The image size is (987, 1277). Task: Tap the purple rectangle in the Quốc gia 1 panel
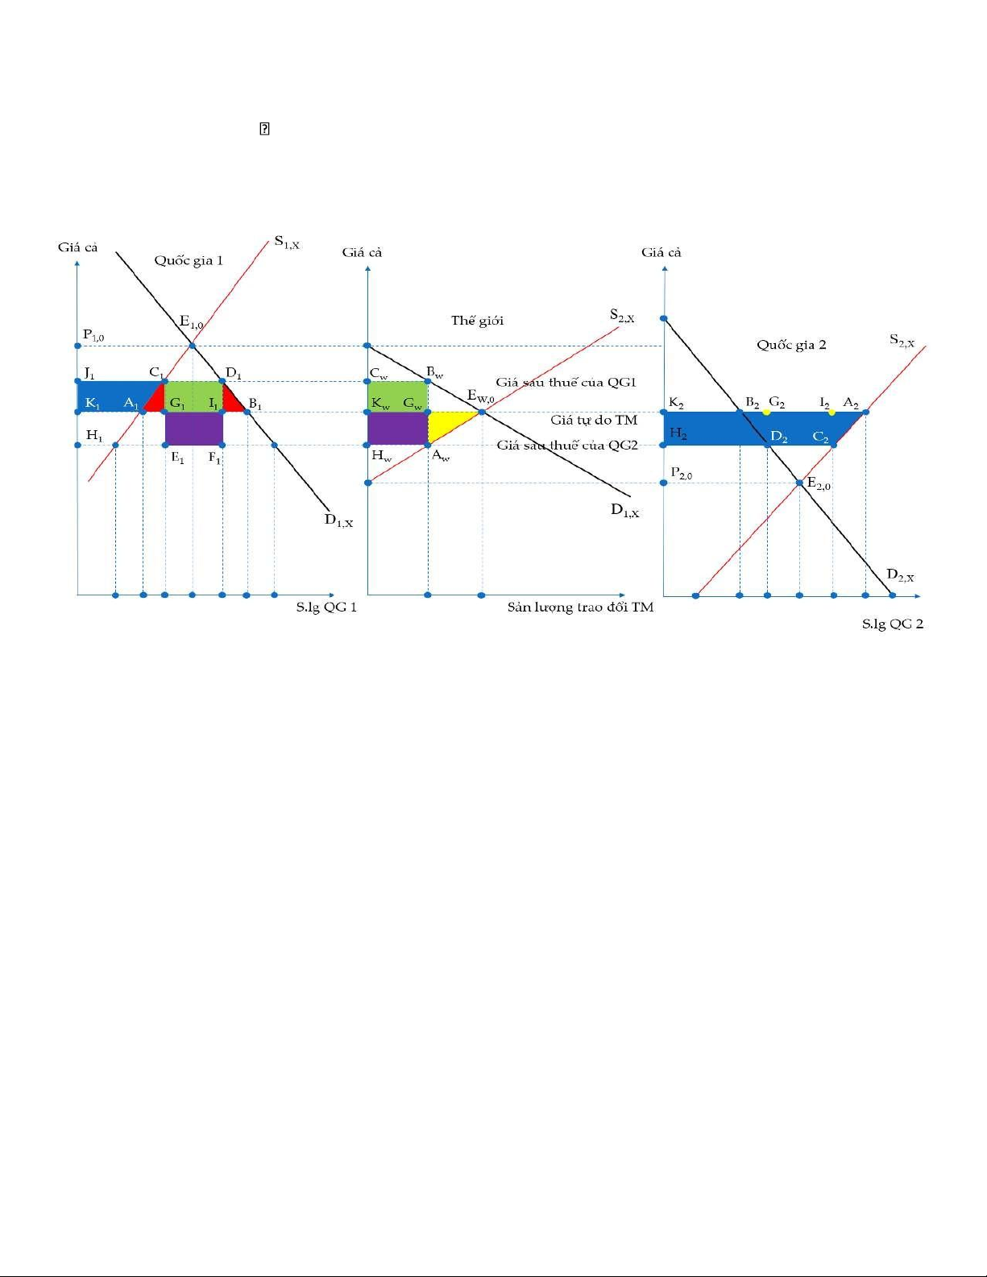(x=194, y=429)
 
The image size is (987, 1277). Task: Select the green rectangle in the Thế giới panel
(x=398, y=396)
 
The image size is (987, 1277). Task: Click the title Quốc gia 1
(x=189, y=260)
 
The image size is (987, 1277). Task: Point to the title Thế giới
(x=477, y=321)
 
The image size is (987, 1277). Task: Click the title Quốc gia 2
(x=791, y=345)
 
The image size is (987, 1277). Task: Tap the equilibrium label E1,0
(x=192, y=322)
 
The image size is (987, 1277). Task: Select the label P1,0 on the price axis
(x=93, y=335)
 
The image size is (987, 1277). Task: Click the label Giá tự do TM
(x=593, y=421)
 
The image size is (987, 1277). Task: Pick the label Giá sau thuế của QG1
(x=566, y=383)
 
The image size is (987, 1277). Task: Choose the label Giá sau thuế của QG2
(x=567, y=446)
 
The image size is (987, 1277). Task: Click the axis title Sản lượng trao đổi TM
(x=580, y=607)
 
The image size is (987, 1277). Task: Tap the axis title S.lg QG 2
(x=893, y=624)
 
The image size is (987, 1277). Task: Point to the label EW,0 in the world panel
(x=480, y=396)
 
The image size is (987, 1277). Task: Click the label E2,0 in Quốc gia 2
(x=819, y=483)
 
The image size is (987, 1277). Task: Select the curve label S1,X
(x=287, y=243)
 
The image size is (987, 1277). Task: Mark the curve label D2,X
(x=900, y=575)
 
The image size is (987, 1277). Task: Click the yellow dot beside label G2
(x=767, y=412)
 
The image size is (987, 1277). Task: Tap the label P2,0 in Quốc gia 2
(x=682, y=472)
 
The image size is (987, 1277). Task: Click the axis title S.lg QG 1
(x=326, y=607)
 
